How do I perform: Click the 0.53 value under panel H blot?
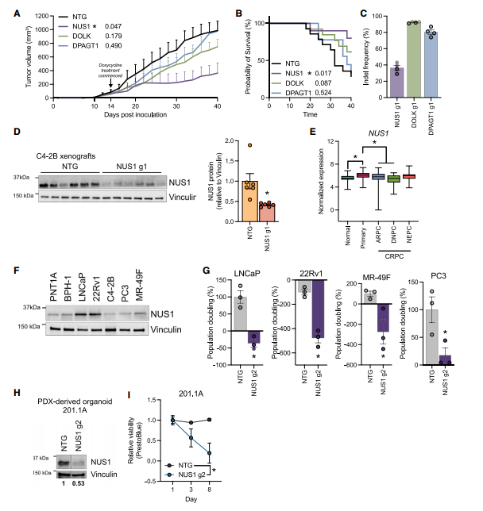click(x=80, y=482)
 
